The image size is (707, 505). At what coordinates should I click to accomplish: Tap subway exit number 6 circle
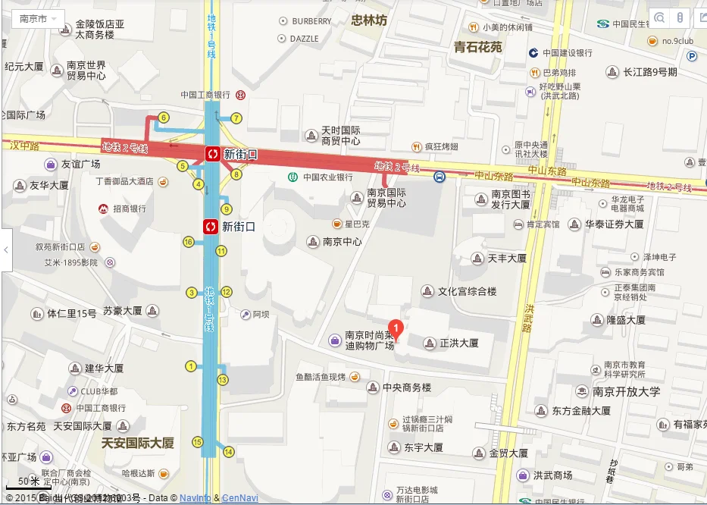163,118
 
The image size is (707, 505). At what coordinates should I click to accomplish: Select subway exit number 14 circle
229,452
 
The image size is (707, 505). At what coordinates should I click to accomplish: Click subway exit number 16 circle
189,242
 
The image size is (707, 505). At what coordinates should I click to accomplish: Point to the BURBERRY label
311,21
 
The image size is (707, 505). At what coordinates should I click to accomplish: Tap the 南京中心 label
342,242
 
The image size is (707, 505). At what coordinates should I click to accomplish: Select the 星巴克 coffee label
356,224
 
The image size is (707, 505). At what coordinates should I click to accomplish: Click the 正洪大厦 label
459,343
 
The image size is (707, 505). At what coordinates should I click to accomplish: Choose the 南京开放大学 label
626,392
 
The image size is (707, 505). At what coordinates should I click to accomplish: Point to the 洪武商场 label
552,475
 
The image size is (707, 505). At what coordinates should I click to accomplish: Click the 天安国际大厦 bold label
138,443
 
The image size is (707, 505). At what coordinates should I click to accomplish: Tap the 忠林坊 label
369,20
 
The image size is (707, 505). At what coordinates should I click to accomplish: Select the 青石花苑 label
478,47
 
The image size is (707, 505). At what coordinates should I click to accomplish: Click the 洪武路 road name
528,319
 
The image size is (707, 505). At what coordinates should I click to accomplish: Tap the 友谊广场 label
80,164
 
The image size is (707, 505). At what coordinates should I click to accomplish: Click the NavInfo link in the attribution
196,498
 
